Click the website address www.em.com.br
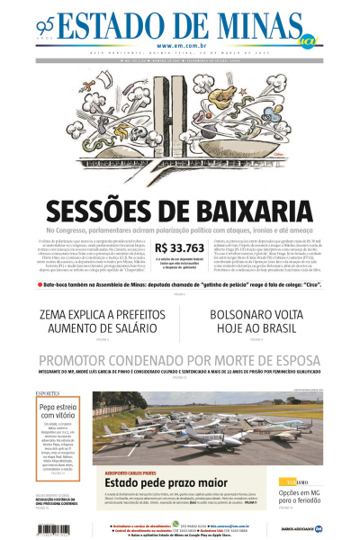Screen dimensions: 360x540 click(179, 46)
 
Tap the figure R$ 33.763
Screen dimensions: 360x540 click(180, 248)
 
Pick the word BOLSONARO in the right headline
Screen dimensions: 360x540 click(248, 315)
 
